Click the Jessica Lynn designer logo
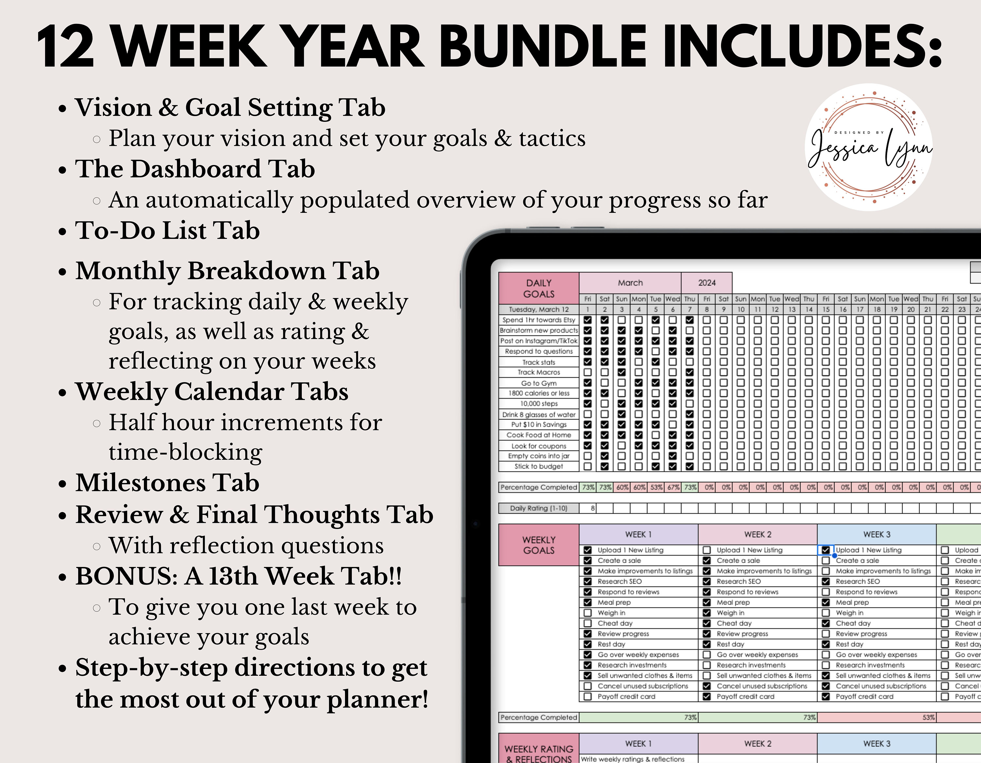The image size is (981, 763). pos(869,148)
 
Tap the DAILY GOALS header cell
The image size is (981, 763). pos(539,288)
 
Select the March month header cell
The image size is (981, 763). pos(630,283)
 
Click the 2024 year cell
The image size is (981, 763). pos(707,283)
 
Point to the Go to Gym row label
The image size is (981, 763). pos(539,383)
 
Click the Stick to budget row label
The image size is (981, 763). pos(539,466)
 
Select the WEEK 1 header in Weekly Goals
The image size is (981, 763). pos(638,534)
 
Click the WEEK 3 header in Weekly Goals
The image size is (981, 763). pos(876,534)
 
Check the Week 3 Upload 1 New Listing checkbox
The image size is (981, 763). pos(826,550)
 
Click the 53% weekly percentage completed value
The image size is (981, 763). pos(928,717)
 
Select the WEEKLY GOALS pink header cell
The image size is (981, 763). pos(539,545)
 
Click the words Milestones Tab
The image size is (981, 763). pos(167,483)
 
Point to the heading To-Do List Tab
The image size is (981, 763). pos(167,231)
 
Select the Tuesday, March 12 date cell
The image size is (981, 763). pos(539,309)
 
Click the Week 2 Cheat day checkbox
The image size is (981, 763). pos(707,623)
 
